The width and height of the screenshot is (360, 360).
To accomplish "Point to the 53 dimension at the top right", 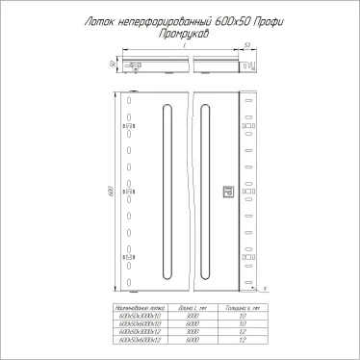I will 248,44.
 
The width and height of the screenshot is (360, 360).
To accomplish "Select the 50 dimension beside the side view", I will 114,64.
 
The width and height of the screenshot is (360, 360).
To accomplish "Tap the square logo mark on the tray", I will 228,191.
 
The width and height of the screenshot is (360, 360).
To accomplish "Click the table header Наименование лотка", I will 140,306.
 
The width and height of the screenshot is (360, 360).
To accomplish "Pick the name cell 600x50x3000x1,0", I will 140,315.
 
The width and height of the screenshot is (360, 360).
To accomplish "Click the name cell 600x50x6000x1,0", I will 140,322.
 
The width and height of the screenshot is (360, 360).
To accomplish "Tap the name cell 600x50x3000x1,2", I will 140,330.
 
